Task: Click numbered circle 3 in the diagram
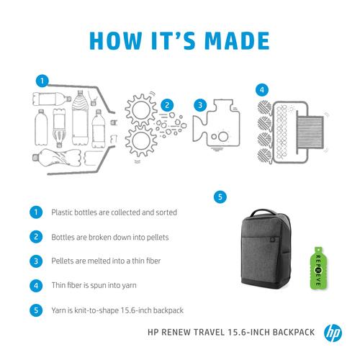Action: coord(198,104)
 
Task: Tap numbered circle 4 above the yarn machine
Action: coord(262,90)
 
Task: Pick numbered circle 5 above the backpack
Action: coord(220,196)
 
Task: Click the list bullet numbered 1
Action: coord(35,213)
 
